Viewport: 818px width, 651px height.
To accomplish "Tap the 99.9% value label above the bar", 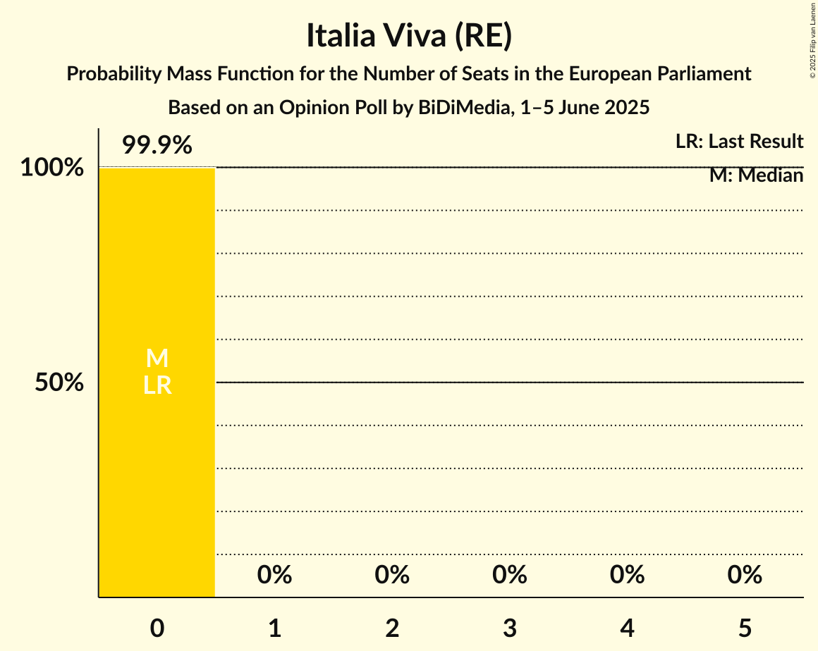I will (157, 146).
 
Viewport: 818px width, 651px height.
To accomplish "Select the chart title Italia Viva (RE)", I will (409, 37).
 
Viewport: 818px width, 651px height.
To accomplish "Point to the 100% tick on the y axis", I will (51, 168).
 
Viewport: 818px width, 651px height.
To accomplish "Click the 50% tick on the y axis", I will (59, 383).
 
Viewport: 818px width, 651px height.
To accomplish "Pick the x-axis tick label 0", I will (157, 628).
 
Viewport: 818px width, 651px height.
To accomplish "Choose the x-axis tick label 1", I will (274, 628).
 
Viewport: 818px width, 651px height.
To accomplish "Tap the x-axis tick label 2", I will (392, 628).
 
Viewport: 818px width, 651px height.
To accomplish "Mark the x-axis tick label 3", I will (510, 628).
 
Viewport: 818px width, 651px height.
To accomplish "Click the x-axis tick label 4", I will (627, 628).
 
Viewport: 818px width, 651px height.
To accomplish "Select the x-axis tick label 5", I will (745, 628).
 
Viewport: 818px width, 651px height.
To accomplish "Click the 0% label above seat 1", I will (274, 576).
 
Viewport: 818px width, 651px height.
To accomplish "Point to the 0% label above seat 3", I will (510, 576).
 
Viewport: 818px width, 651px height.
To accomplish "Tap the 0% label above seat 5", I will (745, 576).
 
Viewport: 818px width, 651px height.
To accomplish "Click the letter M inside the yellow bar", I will (157, 359).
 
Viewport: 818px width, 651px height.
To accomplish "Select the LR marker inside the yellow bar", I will (157, 385).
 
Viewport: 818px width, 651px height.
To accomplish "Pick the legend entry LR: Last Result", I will (739, 142).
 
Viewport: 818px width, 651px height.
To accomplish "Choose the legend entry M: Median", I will (756, 175).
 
